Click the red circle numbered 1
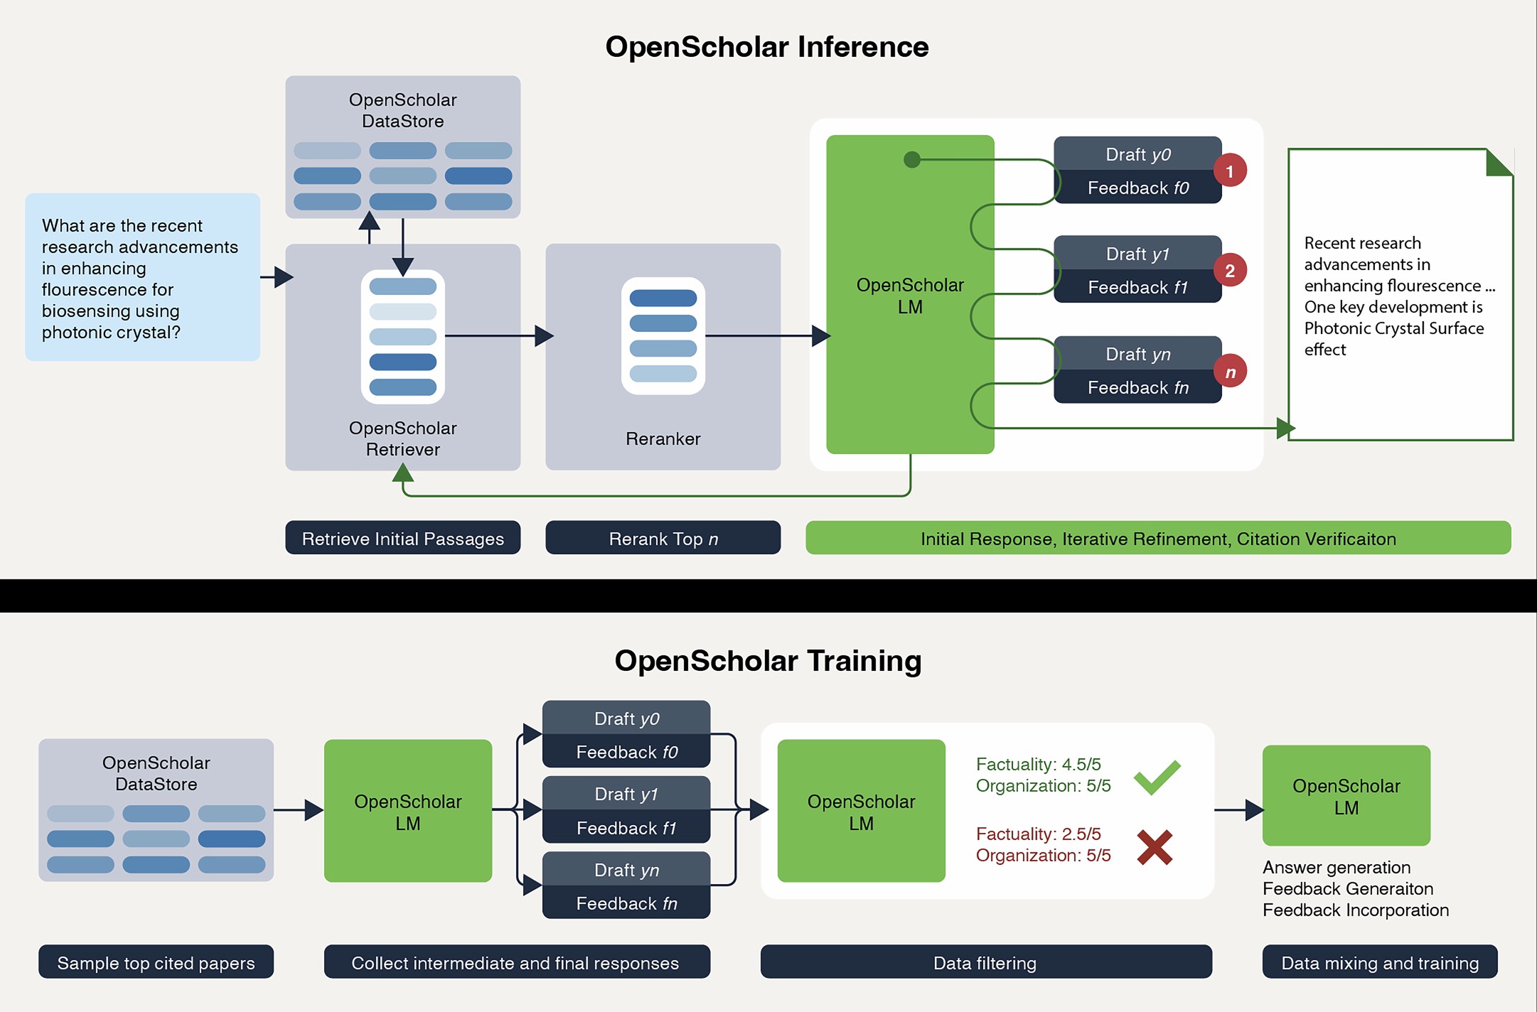coord(1229,171)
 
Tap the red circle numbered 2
coord(1229,271)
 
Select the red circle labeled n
coord(1230,371)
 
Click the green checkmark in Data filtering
coord(1157,777)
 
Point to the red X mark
coord(1155,847)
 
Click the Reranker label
coord(663,439)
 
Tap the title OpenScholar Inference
coord(766,47)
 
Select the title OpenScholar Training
coord(768,661)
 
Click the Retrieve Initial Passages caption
coord(402,539)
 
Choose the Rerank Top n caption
coord(663,539)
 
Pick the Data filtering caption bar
coord(985,963)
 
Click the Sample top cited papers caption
coord(156,963)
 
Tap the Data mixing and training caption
coord(1379,963)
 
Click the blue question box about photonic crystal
coord(142,277)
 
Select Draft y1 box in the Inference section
coord(1137,254)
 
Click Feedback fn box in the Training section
coord(626,903)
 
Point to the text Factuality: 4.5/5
coord(1038,765)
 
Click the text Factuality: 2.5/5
coord(1038,834)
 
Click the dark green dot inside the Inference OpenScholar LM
coord(911,160)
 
